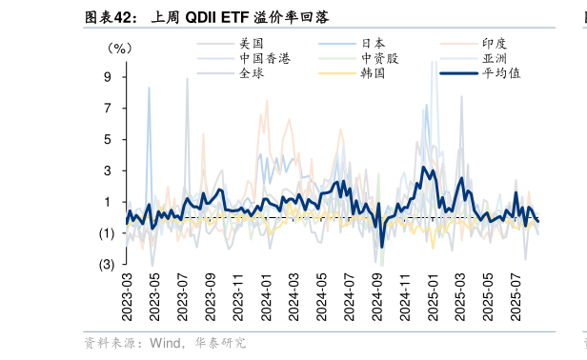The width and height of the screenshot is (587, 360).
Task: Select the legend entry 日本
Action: (373, 43)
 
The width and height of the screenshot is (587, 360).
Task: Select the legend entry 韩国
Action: (373, 72)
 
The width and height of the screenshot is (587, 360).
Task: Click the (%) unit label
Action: (120, 48)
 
